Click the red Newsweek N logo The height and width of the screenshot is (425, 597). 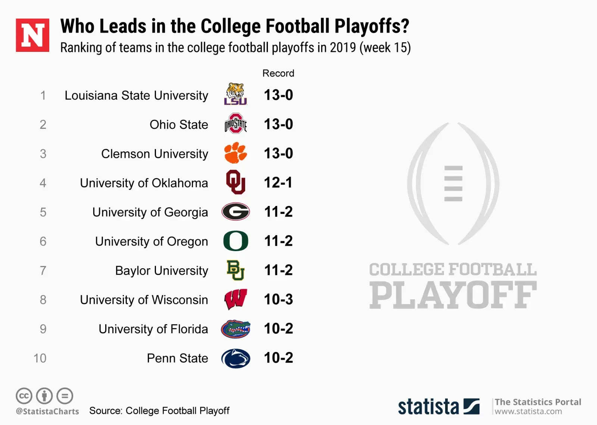click(32, 35)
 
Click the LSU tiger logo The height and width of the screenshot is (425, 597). click(235, 94)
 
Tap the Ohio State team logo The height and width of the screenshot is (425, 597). click(235, 124)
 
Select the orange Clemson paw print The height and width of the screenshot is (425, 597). click(235, 153)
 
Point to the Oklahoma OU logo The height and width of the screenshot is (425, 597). click(235, 182)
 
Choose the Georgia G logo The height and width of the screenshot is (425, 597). click(235, 212)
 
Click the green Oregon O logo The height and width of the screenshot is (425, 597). click(235, 241)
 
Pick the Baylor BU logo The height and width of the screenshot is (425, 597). click(235, 270)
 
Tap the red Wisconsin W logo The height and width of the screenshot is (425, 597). click(235, 299)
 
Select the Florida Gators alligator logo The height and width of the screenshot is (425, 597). click(235, 329)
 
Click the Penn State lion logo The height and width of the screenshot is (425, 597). click(235, 358)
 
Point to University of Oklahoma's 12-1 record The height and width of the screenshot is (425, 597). click(278, 182)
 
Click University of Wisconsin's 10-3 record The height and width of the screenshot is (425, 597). click(278, 299)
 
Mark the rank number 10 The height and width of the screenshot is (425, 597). click(40, 358)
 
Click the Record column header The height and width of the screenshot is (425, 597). click(278, 73)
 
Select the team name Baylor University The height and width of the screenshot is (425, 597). click(162, 271)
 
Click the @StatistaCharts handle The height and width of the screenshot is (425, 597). click(47, 411)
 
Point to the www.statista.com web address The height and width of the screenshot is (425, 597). click(528, 412)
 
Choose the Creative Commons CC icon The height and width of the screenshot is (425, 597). click(24, 396)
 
